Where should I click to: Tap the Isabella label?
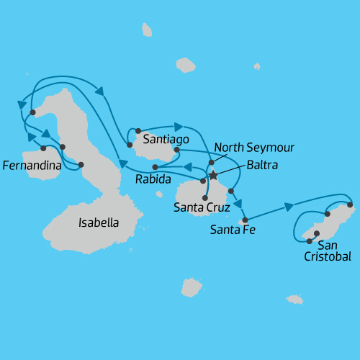98,222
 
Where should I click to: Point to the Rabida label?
153,179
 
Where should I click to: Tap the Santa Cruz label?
202,208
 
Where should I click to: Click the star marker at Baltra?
213,175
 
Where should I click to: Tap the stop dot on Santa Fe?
246,220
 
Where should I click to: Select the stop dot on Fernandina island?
44,148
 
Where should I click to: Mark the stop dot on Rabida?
155,167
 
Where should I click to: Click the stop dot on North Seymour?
212,163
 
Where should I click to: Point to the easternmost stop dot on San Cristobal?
350,204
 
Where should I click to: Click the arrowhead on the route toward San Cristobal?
289,207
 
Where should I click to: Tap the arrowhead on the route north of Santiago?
178,126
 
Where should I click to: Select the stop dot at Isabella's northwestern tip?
33,112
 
